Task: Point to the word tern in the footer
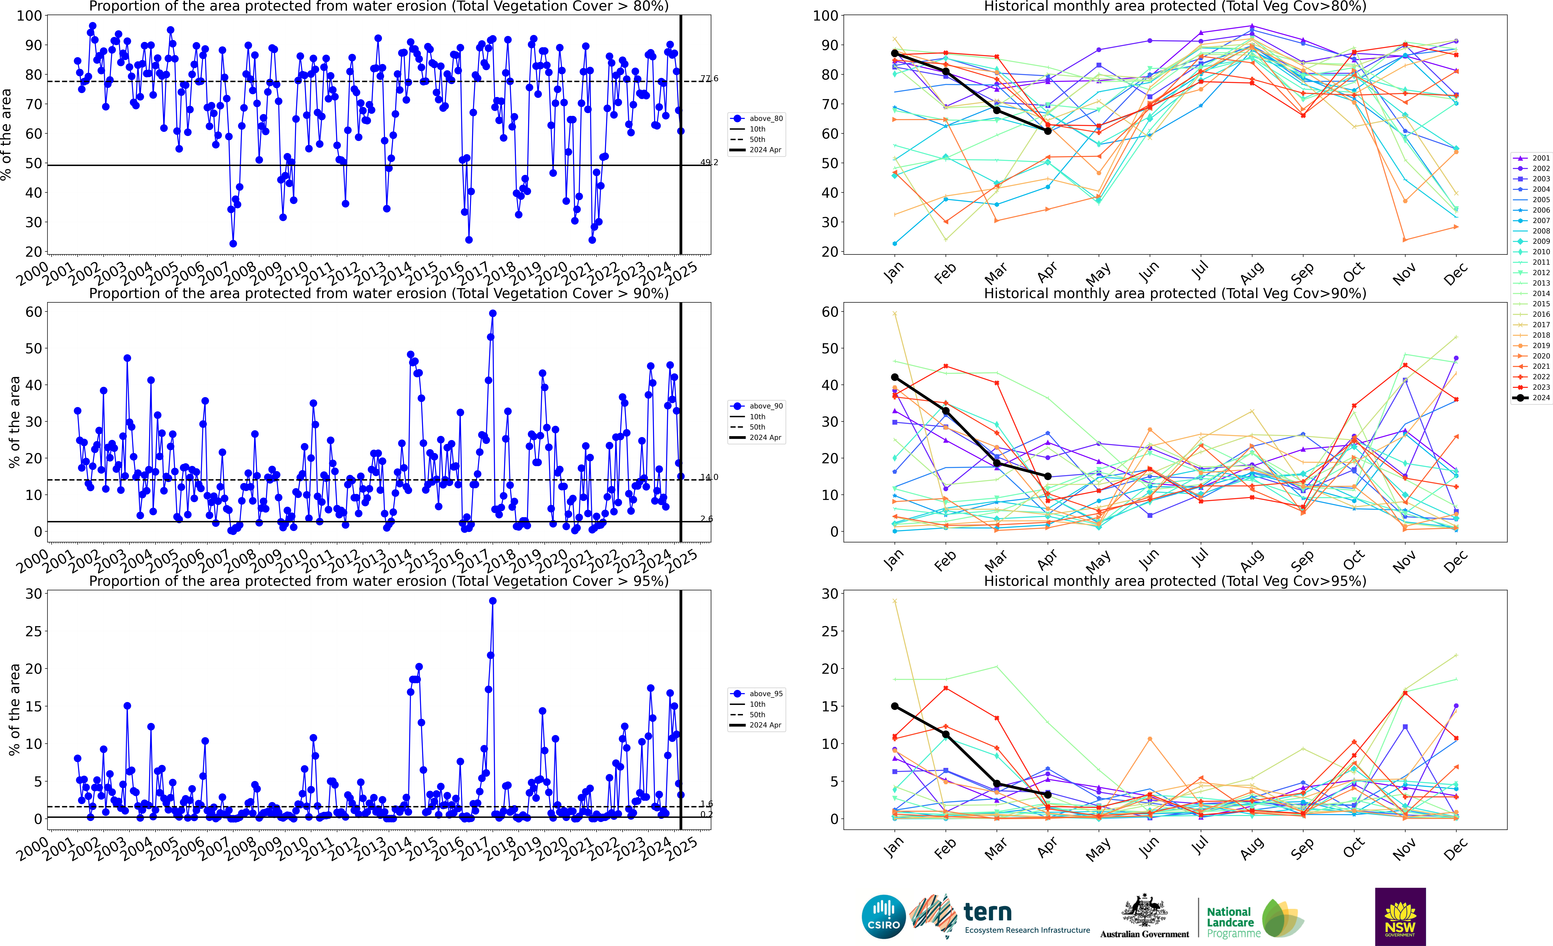click(988, 912)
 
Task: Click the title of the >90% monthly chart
click(1175, 293)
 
